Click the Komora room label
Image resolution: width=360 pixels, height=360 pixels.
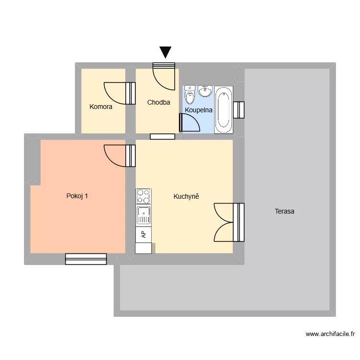click(101, 107)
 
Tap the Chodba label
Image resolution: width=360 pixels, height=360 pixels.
click(158, 102)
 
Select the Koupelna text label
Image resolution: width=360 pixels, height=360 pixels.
click(199, 110)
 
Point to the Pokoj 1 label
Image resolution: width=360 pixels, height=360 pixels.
click(77, 195)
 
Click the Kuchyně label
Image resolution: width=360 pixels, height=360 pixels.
click(186, 196)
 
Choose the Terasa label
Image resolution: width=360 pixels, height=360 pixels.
click(285, 211)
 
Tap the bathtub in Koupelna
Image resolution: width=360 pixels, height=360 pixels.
click(223, 109)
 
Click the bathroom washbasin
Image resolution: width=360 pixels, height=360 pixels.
click(205, 91)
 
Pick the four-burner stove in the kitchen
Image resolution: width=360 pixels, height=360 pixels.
click(144, 196)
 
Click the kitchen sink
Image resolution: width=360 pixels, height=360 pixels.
click(144, 215)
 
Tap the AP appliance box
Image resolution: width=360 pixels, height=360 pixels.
click(144, 234)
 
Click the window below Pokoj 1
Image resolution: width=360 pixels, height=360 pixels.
click(86, 259)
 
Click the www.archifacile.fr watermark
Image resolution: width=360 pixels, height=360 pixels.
click(330, 334)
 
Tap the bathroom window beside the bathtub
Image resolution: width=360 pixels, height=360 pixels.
click(239, 109)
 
